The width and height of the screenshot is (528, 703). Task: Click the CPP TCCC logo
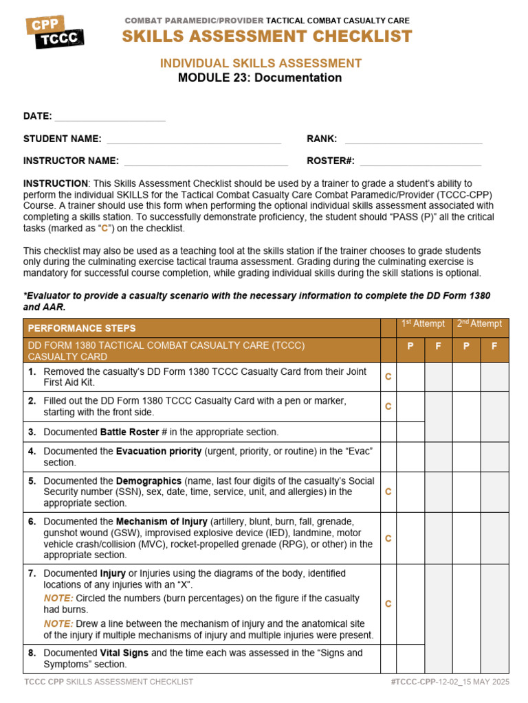[x=55, y=32]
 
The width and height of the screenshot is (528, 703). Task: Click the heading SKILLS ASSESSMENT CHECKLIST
[x=267, y=36]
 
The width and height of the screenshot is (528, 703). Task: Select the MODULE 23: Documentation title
[x=260, y=78]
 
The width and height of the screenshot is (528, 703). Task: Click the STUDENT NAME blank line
[x=194, y=140]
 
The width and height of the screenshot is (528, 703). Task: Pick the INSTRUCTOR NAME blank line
[x=206, y=162]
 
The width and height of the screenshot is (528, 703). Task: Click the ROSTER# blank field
[x=420, y=162]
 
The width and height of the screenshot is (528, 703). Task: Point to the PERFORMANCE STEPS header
[x=82, y=328]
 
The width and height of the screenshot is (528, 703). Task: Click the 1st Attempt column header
[x=423, y=324]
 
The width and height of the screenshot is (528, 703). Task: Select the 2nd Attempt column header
[x=480, y=324]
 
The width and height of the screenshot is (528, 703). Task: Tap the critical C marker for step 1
[x=388, y=377]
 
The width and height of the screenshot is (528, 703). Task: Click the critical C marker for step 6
[x=388, y=538]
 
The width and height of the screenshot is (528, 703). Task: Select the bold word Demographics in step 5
[x=148, y=481]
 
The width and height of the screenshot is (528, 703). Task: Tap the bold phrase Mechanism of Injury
[x=161, y=521]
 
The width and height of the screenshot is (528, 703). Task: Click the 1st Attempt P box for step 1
[x=410, y=377]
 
